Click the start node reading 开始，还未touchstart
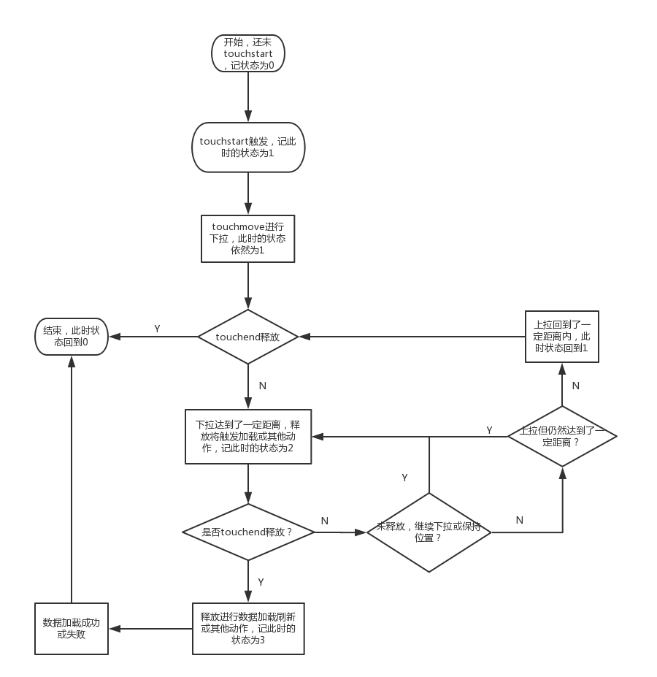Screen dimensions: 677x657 point(248,53)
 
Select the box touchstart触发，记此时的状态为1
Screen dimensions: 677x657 point(248,147)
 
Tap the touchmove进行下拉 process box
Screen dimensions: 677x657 point(248,238)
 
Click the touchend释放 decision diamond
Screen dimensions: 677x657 point(248,337)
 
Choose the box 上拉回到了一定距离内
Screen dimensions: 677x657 point(562,337)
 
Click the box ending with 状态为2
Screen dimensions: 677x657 point(248,436)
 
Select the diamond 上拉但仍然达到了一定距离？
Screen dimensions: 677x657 point(562,436)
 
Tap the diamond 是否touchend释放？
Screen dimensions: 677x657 point(248,532)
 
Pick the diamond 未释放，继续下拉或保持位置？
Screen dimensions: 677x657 point(429,532)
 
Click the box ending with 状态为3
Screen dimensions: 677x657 point(248,628)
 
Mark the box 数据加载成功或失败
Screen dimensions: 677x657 point(72,628)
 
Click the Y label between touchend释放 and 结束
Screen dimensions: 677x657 point(157,329)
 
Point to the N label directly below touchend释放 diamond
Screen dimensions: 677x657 point(262,386)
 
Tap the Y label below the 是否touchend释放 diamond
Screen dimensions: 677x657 point(261,581)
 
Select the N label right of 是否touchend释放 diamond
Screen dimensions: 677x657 point(325,521)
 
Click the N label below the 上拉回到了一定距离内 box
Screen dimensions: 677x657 point(575,385)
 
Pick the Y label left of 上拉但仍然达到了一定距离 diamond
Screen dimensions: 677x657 point(489,430)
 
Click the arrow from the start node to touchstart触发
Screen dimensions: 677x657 point(248,96)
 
